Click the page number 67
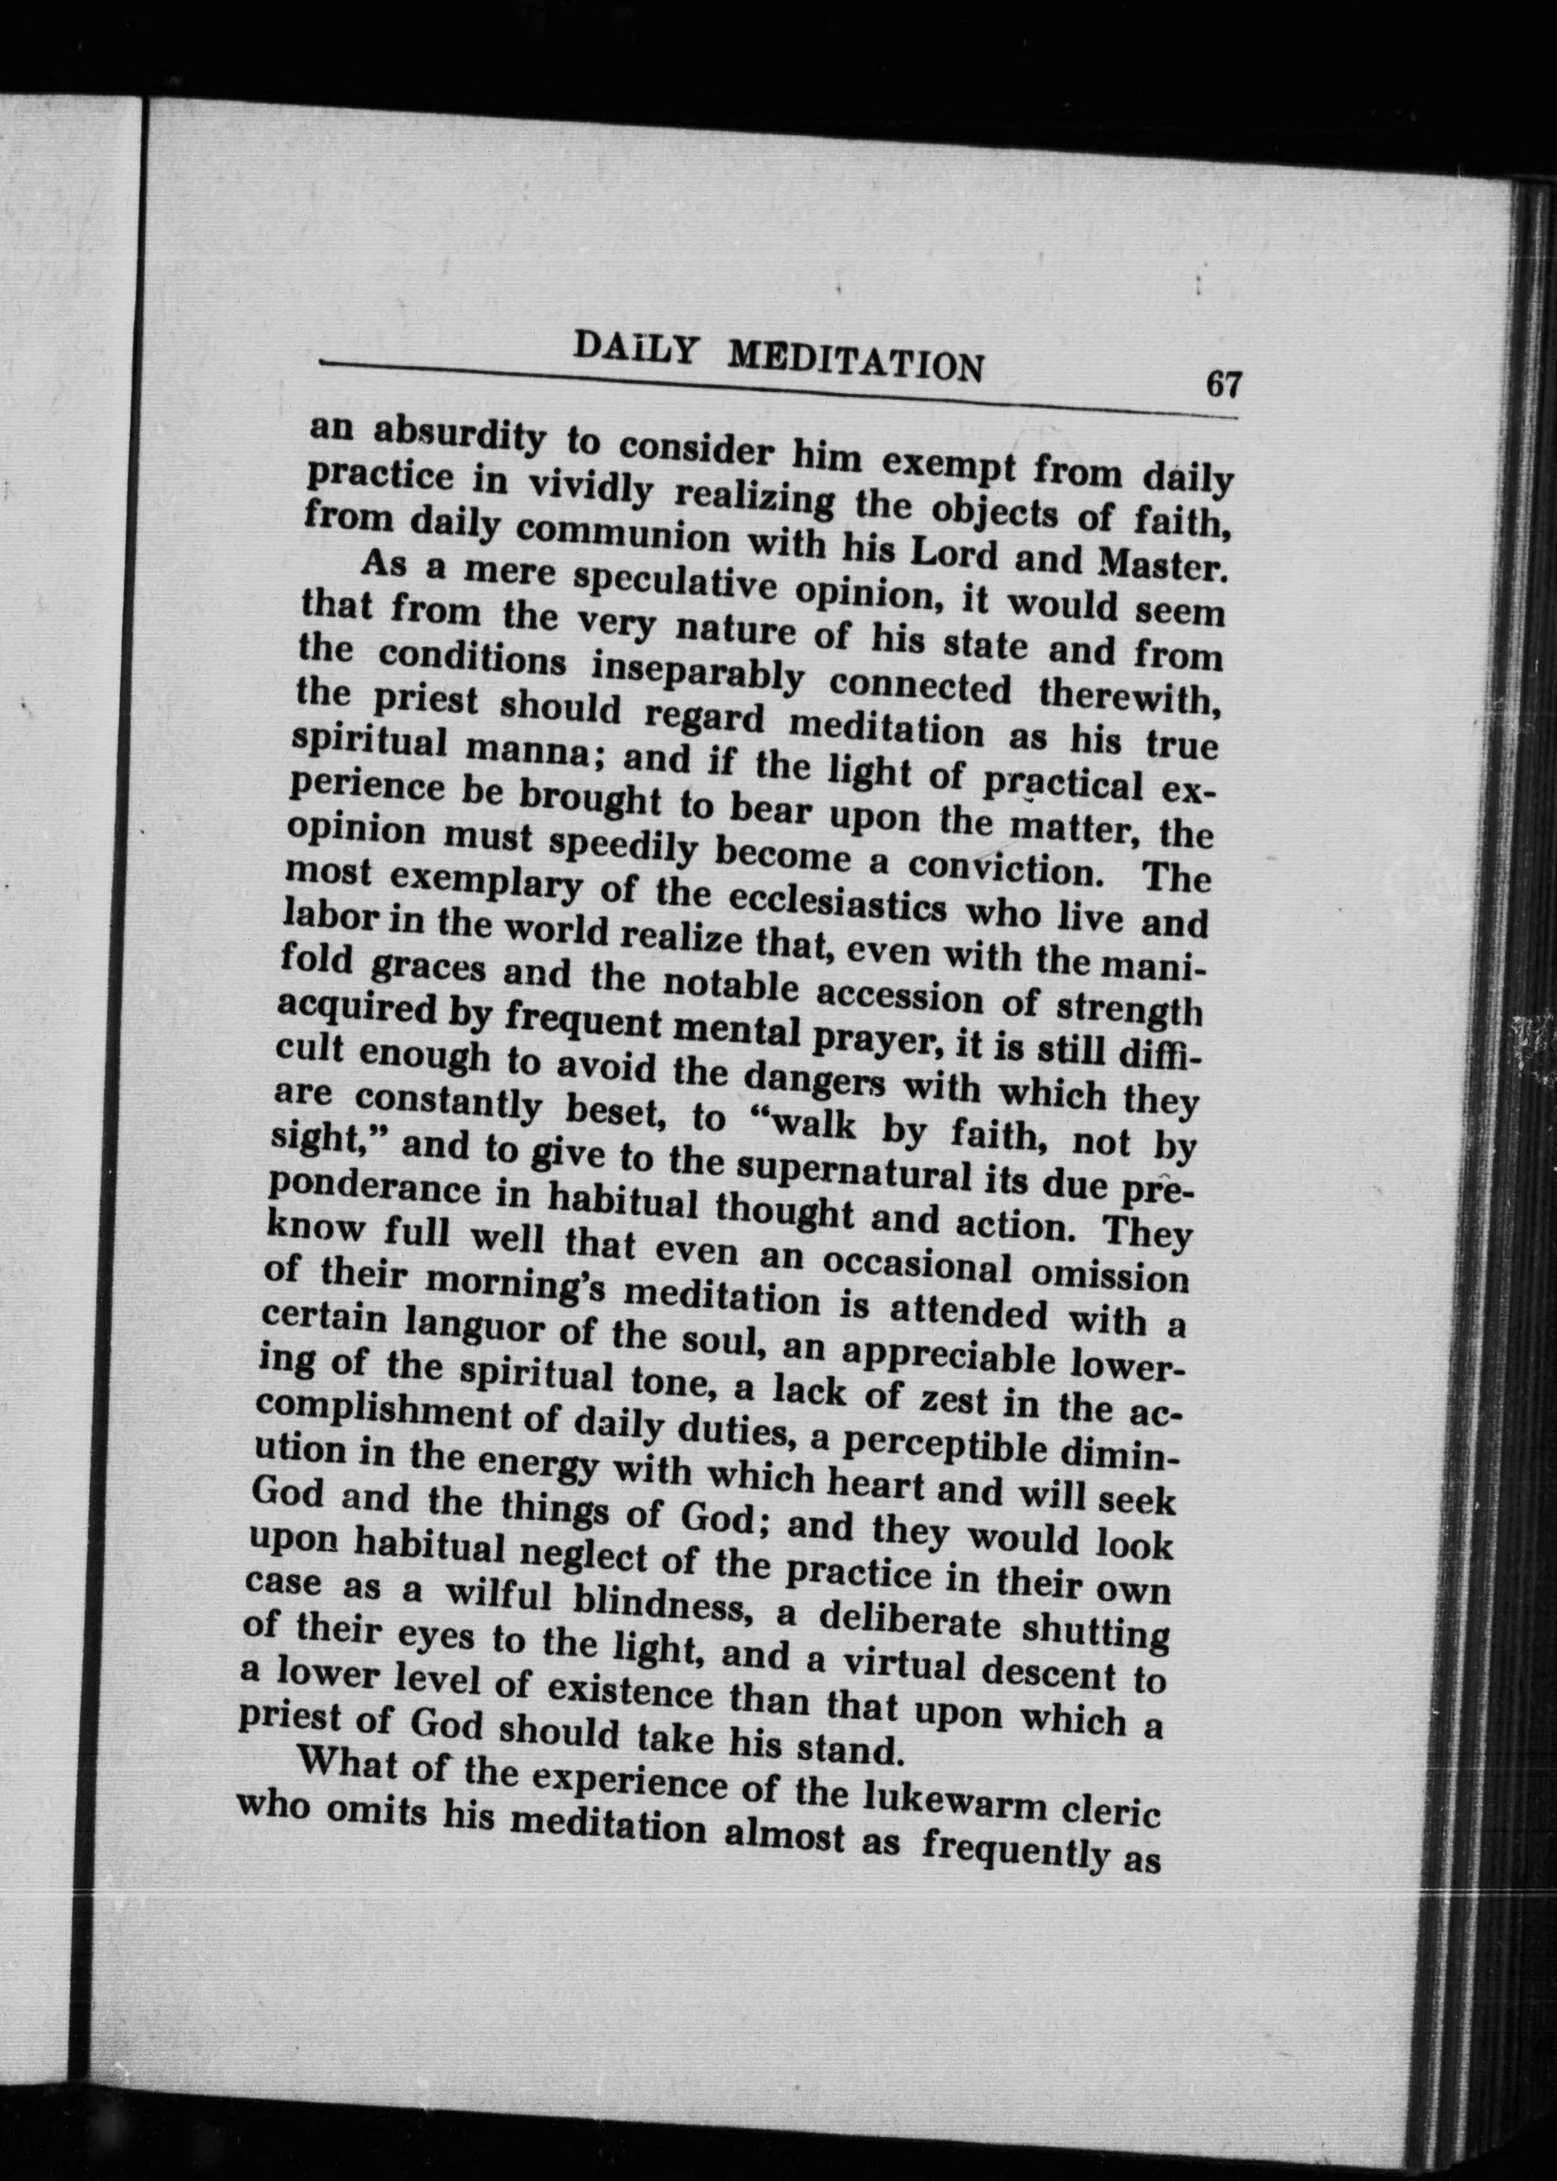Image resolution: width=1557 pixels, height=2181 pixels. tap(1223, 384)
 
